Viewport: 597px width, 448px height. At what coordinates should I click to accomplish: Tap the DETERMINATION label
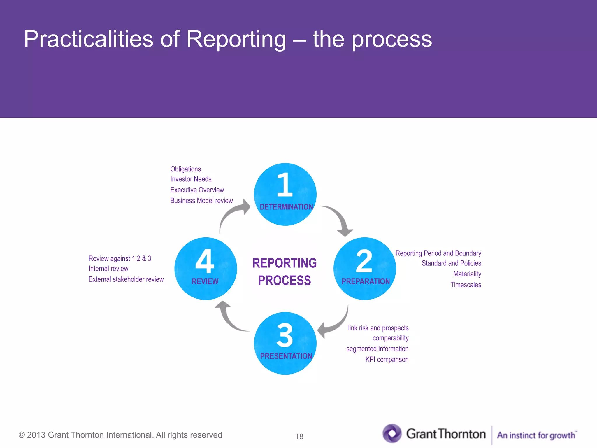coord(286,207)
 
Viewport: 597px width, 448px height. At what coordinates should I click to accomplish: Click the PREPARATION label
coord(365,281)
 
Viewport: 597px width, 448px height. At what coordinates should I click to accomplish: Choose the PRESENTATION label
coord(286,356)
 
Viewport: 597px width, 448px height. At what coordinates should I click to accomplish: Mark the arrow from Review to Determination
coord(233,213)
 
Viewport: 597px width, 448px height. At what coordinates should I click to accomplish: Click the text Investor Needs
coord(191,179)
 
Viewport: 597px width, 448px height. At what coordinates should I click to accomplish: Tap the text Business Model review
coord(201,201)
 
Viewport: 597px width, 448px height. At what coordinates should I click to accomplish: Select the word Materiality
coord(467,274)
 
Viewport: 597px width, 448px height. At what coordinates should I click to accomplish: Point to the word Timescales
coord(466,285)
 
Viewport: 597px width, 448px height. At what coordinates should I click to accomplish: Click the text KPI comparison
coord(387,359)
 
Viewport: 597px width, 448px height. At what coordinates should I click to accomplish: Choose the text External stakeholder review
coord(126,279)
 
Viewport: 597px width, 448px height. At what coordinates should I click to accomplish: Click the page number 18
coord(299,436)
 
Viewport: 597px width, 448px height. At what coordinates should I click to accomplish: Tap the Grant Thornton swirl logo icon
coord(392,433)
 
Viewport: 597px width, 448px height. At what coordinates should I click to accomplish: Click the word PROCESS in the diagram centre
coord(284,281)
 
